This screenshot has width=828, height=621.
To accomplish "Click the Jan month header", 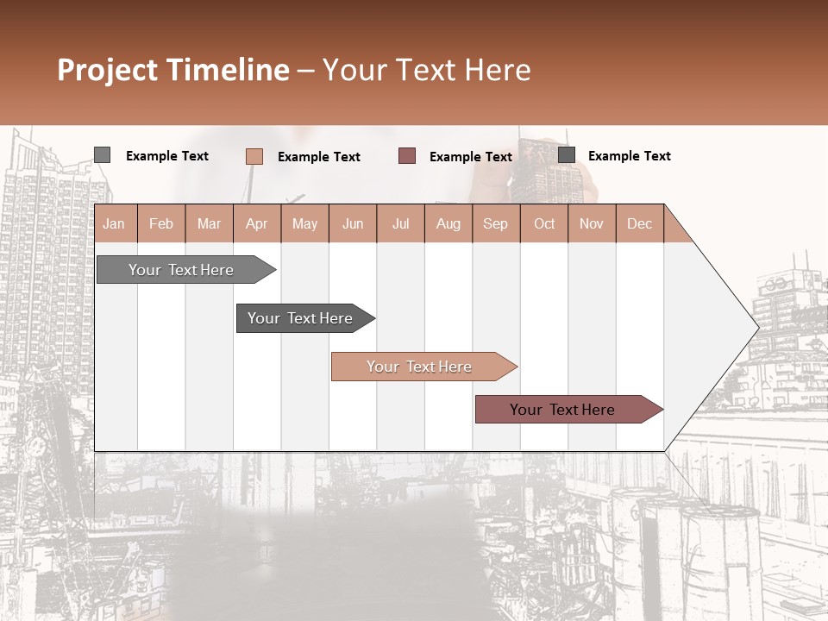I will click(114, 223).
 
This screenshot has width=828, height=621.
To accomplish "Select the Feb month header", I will click(161, 223).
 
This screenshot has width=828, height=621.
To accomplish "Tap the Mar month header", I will click(209, 223).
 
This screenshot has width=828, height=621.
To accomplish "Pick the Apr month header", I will click(256, 223).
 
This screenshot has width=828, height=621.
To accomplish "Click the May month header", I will click(304, 223).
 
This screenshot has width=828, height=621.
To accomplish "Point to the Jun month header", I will click(353, 223).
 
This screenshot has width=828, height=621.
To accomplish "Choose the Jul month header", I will click(400, 223).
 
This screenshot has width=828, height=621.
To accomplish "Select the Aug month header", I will click(448, 223).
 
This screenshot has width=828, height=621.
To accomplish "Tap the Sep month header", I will click(496, 223).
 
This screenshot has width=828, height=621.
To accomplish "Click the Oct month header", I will click(544, 223).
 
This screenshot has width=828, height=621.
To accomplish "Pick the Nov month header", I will click(592, 223).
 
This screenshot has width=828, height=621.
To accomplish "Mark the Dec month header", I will click(640, 223).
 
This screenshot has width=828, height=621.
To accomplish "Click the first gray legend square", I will click(103, 155).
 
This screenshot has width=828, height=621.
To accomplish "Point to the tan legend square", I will click(254, 156).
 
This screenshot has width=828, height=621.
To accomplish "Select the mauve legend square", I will click(407, 156).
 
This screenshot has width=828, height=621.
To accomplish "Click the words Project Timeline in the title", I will click(173, 70).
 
